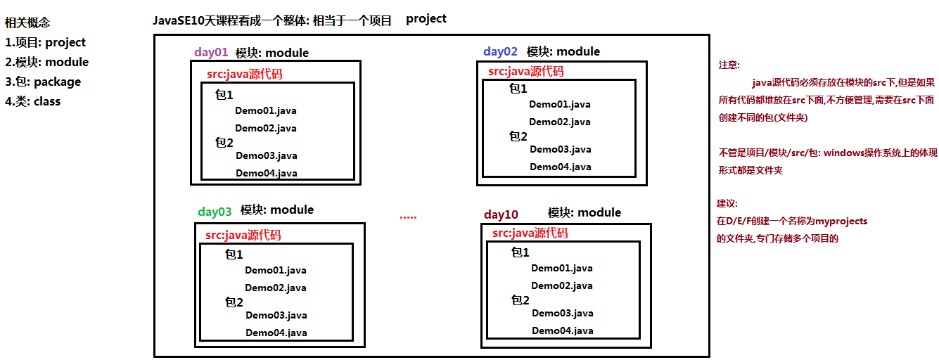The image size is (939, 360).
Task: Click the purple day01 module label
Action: coord(211,53)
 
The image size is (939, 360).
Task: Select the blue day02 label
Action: coord(500,51)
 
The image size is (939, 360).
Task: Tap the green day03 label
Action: coord(215,212)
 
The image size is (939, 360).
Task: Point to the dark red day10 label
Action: coord(501,214)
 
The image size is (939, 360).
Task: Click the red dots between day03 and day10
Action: coord(408,217)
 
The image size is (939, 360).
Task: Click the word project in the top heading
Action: coord(426,19)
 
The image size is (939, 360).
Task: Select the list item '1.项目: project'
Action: coord(45,42)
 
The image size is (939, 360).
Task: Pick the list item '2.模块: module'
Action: coord(47,62)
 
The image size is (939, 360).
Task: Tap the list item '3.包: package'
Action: coord(43,82)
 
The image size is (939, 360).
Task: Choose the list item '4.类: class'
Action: coord(32,101)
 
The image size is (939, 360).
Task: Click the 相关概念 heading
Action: coord(27,22)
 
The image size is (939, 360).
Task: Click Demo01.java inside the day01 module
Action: coord(266,110)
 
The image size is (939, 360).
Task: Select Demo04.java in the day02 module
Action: coord(561,167)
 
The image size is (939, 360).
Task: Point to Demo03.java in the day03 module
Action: coord(276,315)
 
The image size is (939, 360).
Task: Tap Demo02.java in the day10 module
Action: coord(562,286)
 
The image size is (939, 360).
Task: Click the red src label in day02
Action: coord(526,71)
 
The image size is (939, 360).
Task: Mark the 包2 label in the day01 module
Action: coord(224,143)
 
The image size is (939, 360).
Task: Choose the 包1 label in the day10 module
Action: coord(520,252)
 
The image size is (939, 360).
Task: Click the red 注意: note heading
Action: coord(729,65)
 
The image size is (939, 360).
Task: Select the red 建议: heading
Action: coord(727,204)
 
